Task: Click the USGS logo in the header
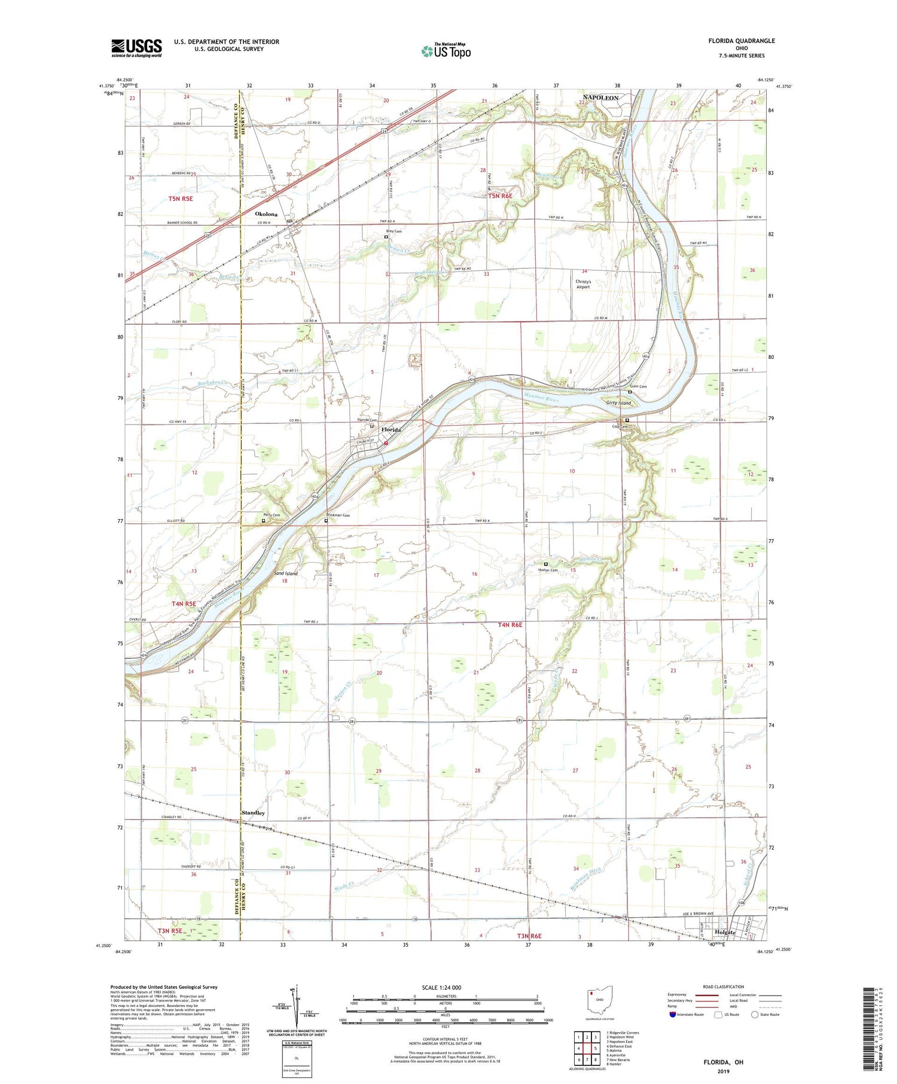click(136, 48)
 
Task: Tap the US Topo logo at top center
click(446, 51)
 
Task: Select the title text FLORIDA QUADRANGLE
click(740, 41)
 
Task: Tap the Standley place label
click(253, 813)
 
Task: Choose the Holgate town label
click(725, 932)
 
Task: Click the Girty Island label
click(619, 403)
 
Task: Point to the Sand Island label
click(285, 573)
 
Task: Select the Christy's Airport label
click(583, 284)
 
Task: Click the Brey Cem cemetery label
click(393, 231)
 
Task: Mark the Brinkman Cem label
click(338, 515)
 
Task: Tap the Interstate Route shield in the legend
click(673, 1015)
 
